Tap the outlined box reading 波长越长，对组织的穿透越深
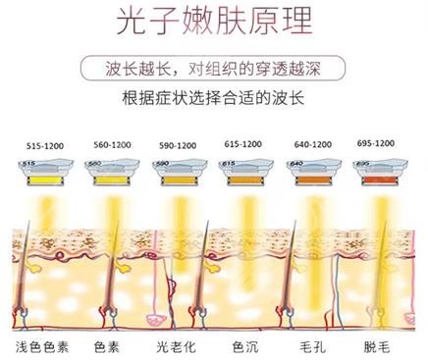tap(214, 70)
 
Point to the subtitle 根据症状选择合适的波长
tap(214, 99)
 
